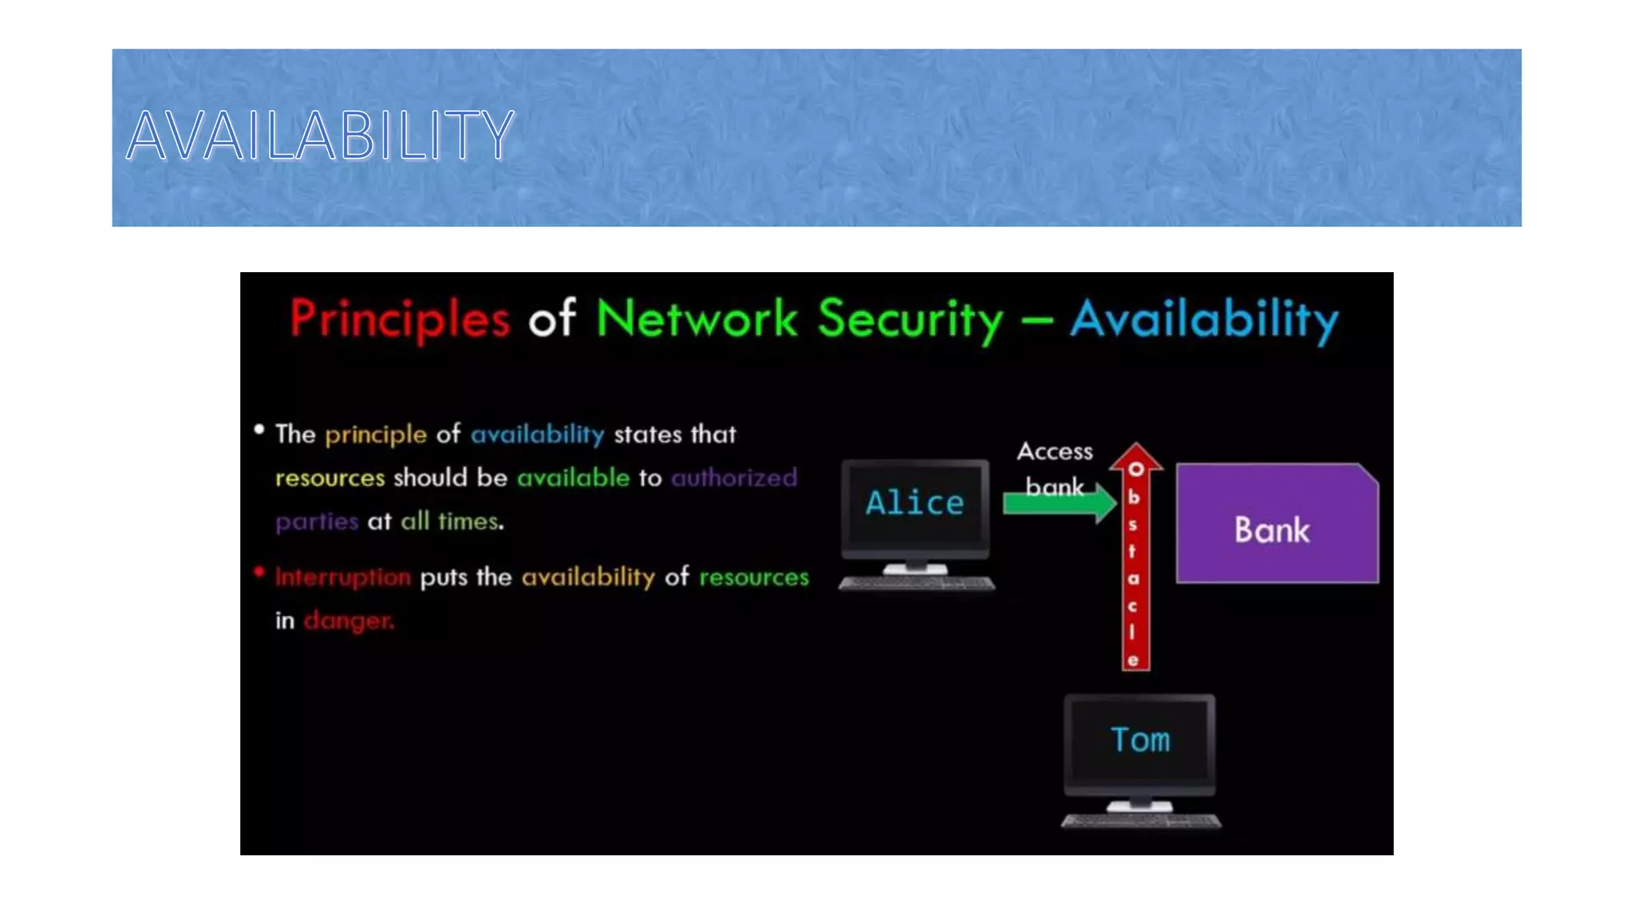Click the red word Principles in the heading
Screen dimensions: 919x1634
(x=399, y=319)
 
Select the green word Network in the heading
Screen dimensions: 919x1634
(x=696, y=319)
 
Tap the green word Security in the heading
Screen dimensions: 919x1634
(x=910, y=319)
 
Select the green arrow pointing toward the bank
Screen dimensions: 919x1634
(x=1057, y=503)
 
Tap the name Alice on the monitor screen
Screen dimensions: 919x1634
(x=914, y=503)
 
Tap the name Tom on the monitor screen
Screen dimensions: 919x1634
(x=1139, y=740)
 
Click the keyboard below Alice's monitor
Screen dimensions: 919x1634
(x=916, y=584)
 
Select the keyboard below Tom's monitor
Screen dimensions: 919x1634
(x=1140, y=821)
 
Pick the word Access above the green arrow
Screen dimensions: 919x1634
(x=1054, y=452)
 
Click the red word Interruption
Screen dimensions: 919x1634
(x=343, y=577)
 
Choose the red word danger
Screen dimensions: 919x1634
(x=348, y=621)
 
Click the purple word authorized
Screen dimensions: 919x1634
(x=733, y=478)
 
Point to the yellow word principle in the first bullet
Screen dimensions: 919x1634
(x=375, y=435)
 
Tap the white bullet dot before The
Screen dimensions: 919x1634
(x=259, y=429)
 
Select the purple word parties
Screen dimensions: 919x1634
(x=317, y=522)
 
